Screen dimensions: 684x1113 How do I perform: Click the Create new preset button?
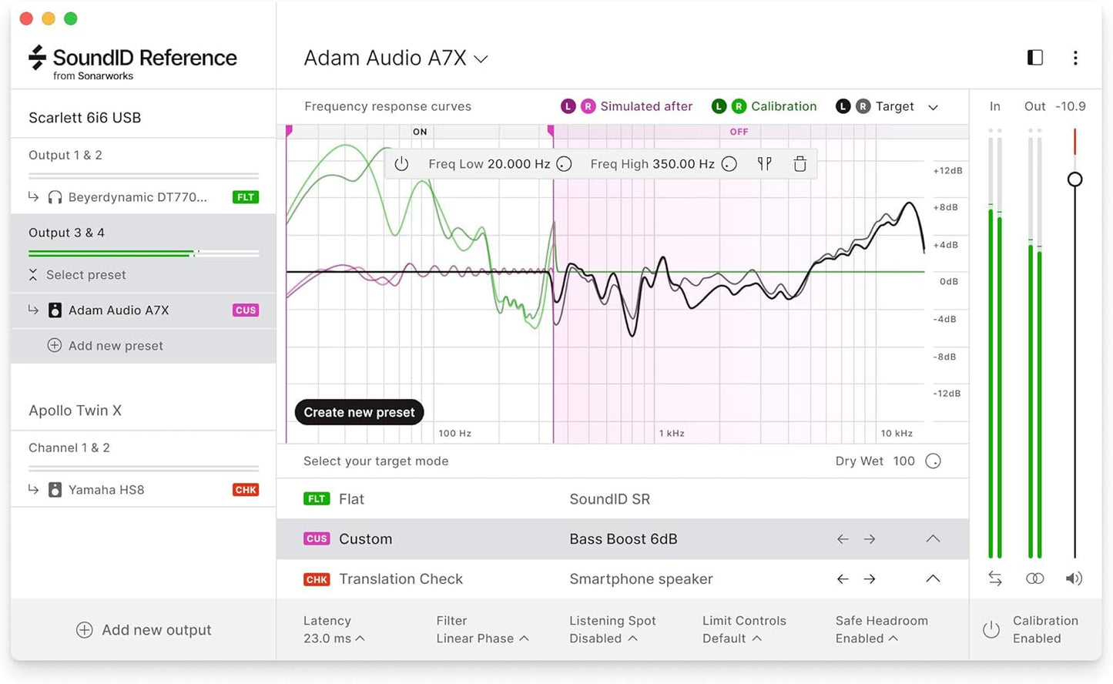click(x=359, y=412)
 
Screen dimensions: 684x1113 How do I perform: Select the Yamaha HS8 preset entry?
click(x=106, y=490)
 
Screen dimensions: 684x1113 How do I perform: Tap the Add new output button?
click(x=144, y=630)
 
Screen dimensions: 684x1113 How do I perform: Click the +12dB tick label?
click(x=947, y=171)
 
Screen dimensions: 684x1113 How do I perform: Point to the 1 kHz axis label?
click(x=672, y=434)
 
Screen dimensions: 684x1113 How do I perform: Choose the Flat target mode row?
click(x=622, y=499)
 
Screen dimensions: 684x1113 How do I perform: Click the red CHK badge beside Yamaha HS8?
click(x=246, y=490)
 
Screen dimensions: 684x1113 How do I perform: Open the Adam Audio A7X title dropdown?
click(x=396, y=59)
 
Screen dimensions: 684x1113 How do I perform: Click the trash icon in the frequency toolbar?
click(x=800, y=164)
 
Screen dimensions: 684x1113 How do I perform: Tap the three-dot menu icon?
click(x=1075, y=58)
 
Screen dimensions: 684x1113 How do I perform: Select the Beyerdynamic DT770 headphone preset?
click(x=137, y=197)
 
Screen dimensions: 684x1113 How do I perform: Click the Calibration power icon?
click(x=991, y=630)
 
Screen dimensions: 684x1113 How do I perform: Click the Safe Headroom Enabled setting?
click(x=881, y=630)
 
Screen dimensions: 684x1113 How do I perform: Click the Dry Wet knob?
click(x=933, y=461)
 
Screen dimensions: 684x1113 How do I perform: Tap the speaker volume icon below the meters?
click(x=1074, y=578)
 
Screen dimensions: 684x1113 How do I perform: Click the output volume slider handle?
click(x=1075, y=179)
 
